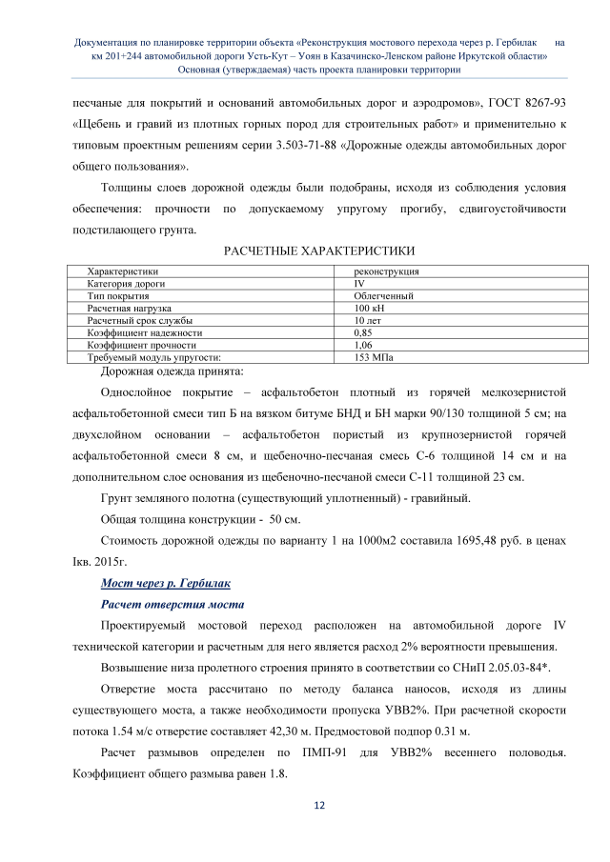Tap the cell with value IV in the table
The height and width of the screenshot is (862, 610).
point(359,284)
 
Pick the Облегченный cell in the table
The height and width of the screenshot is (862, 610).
point(383,296)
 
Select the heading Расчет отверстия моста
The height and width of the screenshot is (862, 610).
point(168,604)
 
